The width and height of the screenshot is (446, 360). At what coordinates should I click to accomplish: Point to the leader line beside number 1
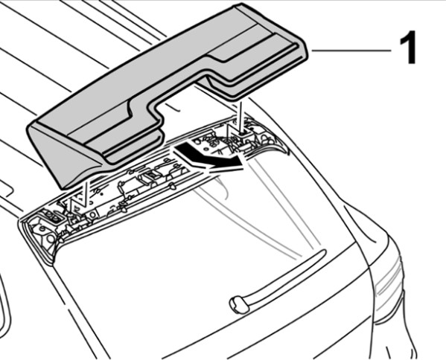pyautogui.click(x=351, y=51)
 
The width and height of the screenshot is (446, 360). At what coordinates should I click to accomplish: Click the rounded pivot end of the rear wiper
pyautogui.click(x=238, y=305)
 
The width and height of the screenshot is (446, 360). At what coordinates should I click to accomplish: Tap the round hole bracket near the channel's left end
pyautogui.click(x=92, y=214)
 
